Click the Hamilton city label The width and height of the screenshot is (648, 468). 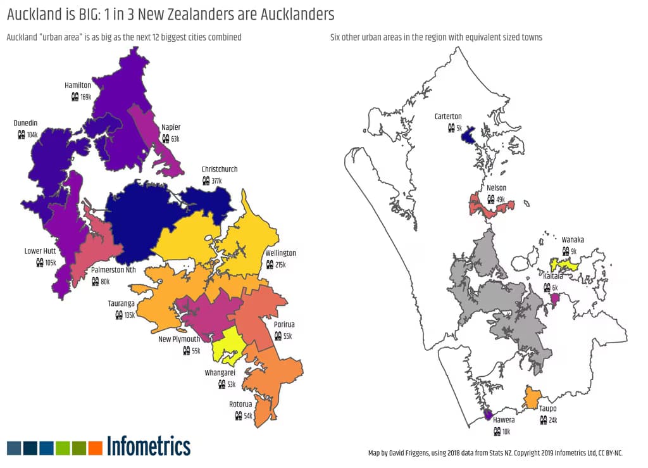(x=78, y=85)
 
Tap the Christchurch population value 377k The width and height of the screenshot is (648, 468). (x=216, y=181)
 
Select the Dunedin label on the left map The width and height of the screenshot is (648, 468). (x=26, y=123)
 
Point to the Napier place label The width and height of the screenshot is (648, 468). (x=171, y=127)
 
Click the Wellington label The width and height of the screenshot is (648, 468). (x=280, y=253)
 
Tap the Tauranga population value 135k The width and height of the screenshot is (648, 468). (x=130, y=315)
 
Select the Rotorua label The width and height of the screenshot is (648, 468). (x=240, y=404)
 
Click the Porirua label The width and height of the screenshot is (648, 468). (x=284, y=324)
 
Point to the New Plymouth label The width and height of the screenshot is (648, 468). (x=179, y=339)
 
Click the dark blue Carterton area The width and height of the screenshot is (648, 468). (x=469, y=136)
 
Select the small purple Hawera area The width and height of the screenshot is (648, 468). (x=487, y=415)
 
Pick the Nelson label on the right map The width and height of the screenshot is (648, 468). (x=497, y=187)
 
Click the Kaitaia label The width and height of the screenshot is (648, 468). (x=552, y=276)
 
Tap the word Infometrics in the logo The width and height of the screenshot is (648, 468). (x=149, y=446)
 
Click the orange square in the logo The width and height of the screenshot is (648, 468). (x=96, y=448)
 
